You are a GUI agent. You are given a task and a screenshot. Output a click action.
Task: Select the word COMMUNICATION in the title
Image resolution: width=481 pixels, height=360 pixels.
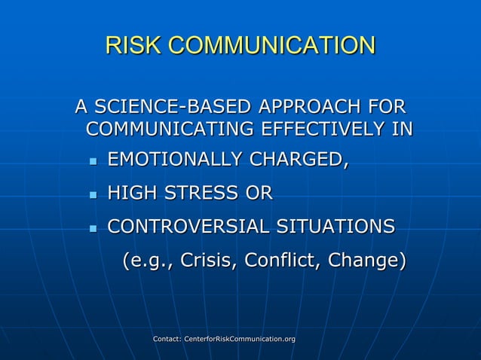click(271, 45)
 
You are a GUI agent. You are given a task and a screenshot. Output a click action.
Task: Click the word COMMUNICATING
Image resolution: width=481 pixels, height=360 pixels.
click(170, 129)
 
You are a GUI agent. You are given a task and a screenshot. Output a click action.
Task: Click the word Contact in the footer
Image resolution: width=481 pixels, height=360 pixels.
click(166, 340)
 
